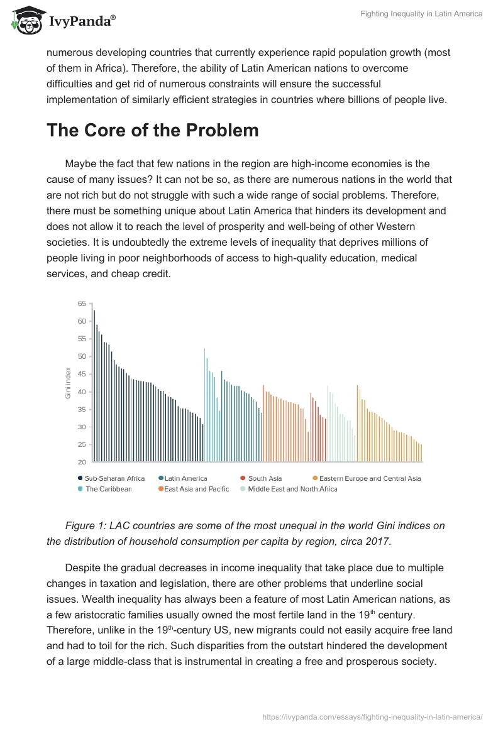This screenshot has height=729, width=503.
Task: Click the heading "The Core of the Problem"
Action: pos(153,130)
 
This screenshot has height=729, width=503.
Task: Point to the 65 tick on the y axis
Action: pos(82,304)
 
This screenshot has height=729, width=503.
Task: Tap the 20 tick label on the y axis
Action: pos(82,462)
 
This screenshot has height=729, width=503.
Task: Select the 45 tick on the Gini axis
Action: pos(82,374)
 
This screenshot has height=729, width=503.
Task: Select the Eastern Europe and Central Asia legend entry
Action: pos(370,478)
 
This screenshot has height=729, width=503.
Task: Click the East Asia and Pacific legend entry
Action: pos(196,489)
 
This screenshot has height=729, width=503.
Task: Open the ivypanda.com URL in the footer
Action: pos(372,716)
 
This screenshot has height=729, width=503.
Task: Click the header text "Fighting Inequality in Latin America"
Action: pos(421,14)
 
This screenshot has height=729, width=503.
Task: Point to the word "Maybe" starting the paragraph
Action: pos(80,164)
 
